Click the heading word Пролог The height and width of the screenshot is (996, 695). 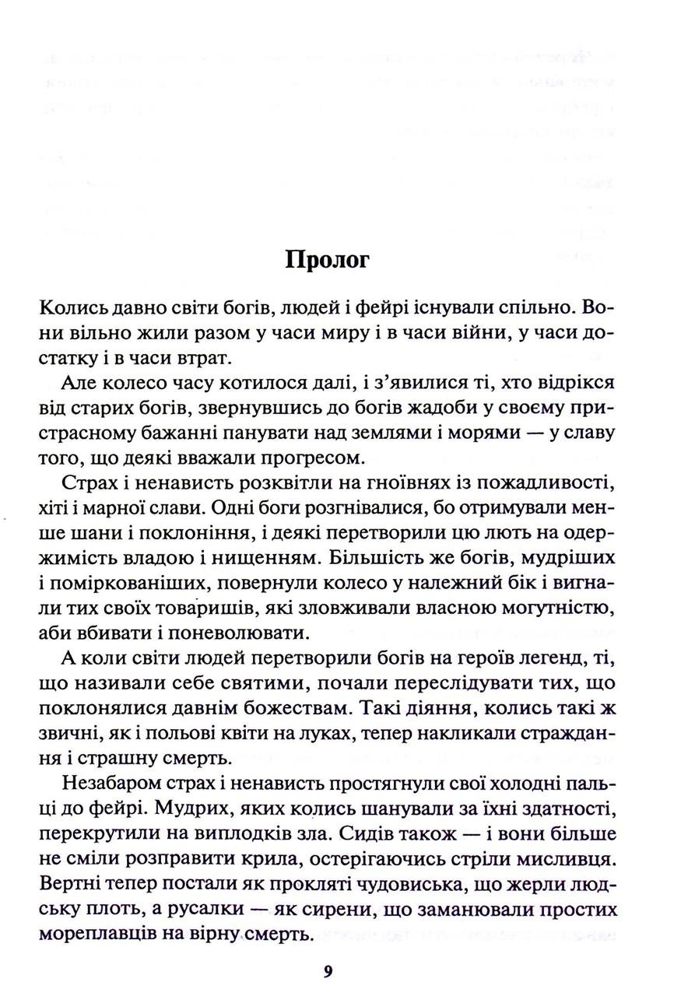(327, 259)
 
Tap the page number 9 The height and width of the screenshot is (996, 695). (328, 970)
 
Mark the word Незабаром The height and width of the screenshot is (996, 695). (115, 789)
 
